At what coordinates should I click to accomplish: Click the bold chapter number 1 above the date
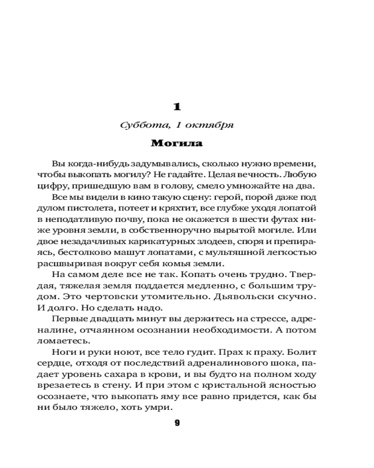point(177,107)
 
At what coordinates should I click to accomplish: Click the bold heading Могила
point(177,143)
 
